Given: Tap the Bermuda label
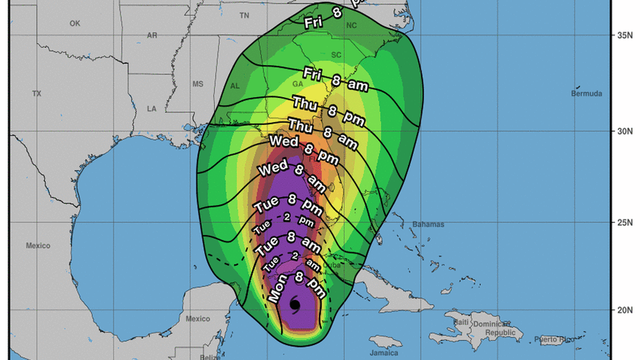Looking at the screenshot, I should tap(587, 93).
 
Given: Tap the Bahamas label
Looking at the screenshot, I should tap(428, 225).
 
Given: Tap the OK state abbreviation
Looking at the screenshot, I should tap(75, 24).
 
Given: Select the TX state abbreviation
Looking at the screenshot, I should tap(37, 93).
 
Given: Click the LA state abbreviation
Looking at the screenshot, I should tap(152, 108).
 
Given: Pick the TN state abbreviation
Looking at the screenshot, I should tap(244, 16).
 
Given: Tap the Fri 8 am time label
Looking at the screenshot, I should tap(336, 79).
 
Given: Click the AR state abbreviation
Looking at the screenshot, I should tap(152, 35).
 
